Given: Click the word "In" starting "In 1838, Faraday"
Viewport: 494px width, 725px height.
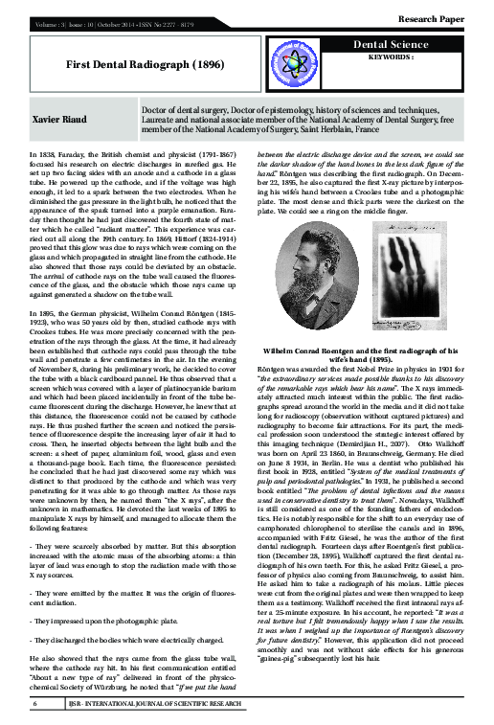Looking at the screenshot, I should pyautogui.click(x=36, y=153).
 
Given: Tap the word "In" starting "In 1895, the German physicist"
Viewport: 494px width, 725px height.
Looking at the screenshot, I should pyautogui.click(x=36, y=288).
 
